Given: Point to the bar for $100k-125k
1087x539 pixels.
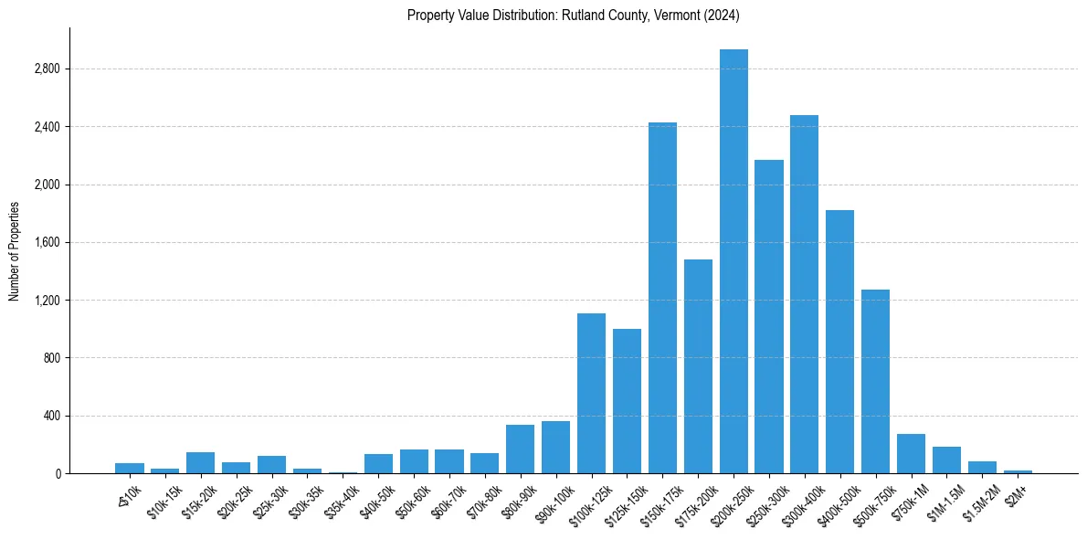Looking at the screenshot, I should pos(591,393).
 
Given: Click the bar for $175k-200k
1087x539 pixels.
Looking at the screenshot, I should pos(698,366).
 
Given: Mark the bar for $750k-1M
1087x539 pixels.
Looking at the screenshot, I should pos(911,454).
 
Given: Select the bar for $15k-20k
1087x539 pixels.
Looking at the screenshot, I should pos(200,463).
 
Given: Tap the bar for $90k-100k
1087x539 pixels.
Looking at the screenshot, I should pos(555,448).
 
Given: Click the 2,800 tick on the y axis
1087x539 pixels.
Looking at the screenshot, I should pos(47,69).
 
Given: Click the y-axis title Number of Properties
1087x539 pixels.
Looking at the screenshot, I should pos(14,250).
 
